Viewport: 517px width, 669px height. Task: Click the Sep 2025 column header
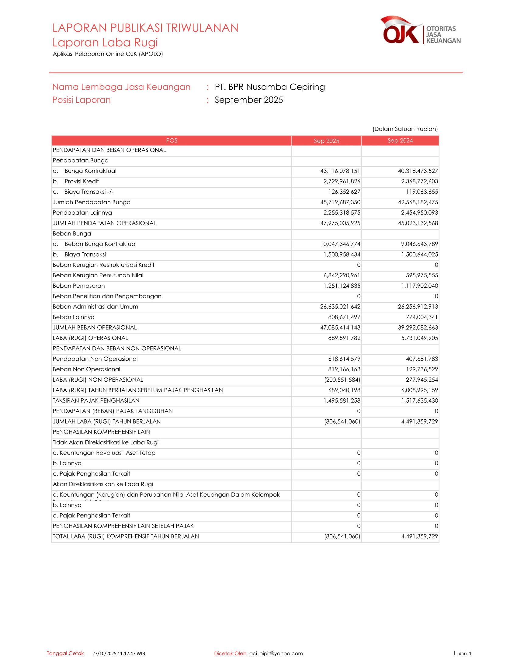coord(326,140)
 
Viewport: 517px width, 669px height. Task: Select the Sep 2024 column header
coord(400,140)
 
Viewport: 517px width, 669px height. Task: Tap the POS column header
coord(172,140)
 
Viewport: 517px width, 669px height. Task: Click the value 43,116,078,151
coord(340,171)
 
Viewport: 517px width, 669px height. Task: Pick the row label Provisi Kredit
coord(82,181)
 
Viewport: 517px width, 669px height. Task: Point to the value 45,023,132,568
coord(418,223)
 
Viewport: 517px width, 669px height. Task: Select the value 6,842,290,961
coord(342,276)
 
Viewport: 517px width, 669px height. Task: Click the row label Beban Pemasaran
coord(79,286)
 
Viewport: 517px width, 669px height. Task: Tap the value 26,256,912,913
coord(418,307)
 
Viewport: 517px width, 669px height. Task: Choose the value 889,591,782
coord(344,338)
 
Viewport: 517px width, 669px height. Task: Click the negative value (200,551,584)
coord(342,380)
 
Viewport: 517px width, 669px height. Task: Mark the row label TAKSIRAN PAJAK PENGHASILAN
coord(96,401)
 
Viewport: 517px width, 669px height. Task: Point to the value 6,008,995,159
coord(419,390)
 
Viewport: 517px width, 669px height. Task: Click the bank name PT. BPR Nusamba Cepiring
coord(269,87)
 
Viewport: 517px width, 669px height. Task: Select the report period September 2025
coord(248,100)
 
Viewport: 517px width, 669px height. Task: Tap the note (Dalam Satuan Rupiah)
coord(405,129)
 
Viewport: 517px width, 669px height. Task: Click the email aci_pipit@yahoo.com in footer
coord(276,653)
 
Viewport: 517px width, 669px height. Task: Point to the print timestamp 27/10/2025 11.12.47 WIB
coord(119,654)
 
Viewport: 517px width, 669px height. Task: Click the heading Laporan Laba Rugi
coord(105,43)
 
